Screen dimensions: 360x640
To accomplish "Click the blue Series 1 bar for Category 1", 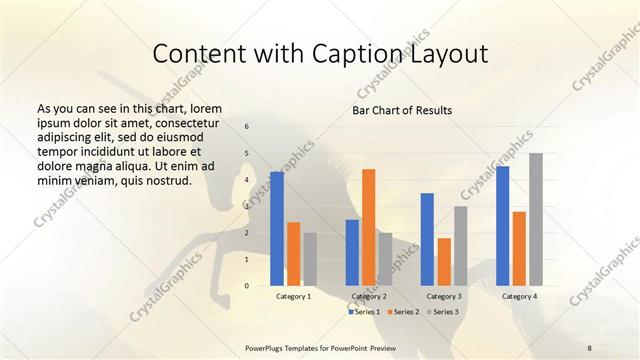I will point(277,229).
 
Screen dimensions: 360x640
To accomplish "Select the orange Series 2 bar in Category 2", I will point(369,227).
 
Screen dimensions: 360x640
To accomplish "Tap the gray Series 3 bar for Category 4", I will point(536,219).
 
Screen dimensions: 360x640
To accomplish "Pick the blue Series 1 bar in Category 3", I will point(427,239).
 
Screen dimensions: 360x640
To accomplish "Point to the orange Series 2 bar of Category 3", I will point(444,261).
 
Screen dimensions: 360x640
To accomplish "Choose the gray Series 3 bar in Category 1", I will point(310,259).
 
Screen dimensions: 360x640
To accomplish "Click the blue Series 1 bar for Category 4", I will point(503,226).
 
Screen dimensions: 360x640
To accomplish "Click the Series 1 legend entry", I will point(364,312).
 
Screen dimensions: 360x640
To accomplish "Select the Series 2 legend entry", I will point(402,312).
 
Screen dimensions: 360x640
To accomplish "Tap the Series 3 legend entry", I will point(441,312).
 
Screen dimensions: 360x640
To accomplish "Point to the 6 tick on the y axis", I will point(247,126).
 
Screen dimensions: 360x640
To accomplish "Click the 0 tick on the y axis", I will point(247,286).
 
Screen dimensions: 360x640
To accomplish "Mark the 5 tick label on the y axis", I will point(247,153).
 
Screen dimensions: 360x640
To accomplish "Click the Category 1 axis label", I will point(293,297).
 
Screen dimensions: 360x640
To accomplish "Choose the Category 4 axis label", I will point(519,297).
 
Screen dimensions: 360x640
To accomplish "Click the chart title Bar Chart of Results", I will point(402,109).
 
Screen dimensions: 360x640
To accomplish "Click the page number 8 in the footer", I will point(589,347).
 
